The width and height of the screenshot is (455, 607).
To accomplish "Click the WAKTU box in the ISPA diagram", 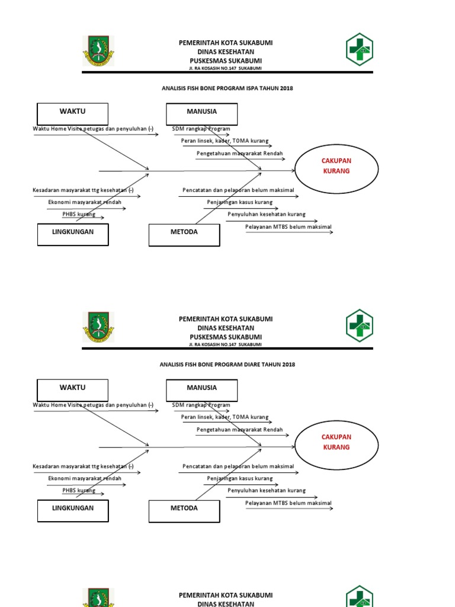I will pyautogui.click(x=72, y=113).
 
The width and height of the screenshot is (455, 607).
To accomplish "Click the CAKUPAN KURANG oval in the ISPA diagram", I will pyautogui.click(x=336, y=166).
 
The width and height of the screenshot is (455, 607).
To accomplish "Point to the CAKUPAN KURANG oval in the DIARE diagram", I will pyautogui.click(x=336, y=442).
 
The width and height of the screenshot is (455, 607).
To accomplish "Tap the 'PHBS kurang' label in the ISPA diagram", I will pyautogui.click(x=79, y=214).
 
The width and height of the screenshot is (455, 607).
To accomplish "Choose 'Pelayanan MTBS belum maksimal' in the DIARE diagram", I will pyautogui.click(x=289, y=503).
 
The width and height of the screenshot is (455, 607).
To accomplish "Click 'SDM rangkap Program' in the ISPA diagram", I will pyautogui.click(x=201, y=129).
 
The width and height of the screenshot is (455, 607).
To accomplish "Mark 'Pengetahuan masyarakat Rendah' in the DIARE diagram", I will pyautogui.click(x=239, y=430).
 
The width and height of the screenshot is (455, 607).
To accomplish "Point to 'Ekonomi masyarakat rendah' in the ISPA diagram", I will pyautogui.click(x=85, y=202).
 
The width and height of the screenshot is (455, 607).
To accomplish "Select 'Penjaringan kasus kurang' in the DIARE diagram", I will pyautogui.click(x=239, y=478).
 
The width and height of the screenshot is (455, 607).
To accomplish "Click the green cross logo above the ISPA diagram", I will pyautogui.click(x=359, y=49).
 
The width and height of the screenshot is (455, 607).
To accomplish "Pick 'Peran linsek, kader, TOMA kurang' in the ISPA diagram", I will pyautogui.click(x=225, y=141).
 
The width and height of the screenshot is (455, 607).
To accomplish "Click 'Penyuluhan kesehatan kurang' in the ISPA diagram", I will pyautogui.click(x=267, y=214).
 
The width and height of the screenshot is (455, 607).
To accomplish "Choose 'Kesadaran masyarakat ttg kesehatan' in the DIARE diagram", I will pyautogui.click(x=83, y=467).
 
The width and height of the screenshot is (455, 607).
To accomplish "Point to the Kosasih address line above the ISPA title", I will pyautogui.click(x=225, y=68).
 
